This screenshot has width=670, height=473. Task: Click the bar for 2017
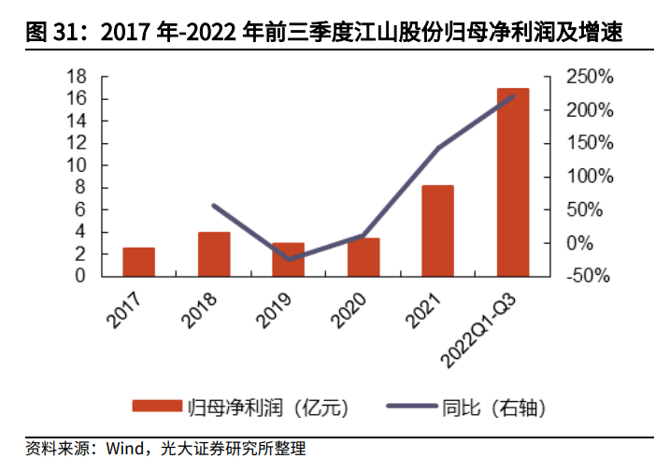(x=138, y=262)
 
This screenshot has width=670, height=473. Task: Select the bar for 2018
(x=213, y=254)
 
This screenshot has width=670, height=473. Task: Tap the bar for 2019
(x=288, y=259)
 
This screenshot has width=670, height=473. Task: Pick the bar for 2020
(x=363, y=257)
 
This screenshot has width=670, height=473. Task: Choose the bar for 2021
(x=437, y=231)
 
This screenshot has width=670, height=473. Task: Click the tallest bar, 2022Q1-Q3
(x=512, y=182)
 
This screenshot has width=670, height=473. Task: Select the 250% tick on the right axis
(x=591, y=77)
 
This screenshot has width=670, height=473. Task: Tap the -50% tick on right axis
(x=591, y=277)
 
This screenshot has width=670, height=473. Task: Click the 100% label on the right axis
(x=591, y=177)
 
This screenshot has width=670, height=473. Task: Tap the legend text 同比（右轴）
(x=492, y=408)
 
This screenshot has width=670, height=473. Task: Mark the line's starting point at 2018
(x=214, y=206)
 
